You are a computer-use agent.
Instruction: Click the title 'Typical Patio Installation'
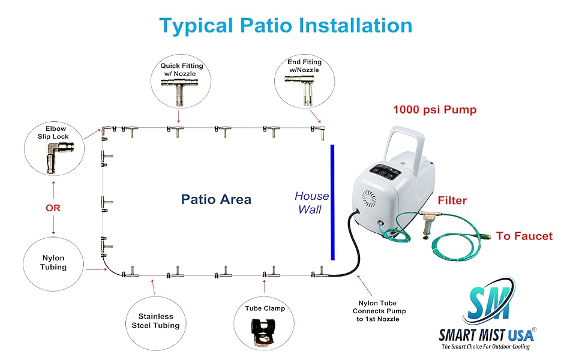coord(286,25)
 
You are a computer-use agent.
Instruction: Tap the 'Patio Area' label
coord(216,199)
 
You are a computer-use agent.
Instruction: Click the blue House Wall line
coord(332,202)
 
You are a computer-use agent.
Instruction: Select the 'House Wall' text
coord(311,203)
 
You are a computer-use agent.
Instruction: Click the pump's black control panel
coord(385,172)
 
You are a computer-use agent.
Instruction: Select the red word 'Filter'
coord(452,200)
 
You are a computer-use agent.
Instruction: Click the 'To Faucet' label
coord(524,236)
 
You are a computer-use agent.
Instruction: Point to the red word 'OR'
coord(53,208)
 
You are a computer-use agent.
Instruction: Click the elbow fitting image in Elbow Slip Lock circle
coord(53,158)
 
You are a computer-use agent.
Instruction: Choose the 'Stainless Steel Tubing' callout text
coord(155,321)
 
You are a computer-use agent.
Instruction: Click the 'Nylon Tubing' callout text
coord(53,262)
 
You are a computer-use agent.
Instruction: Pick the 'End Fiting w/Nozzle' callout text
coord(305,66)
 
